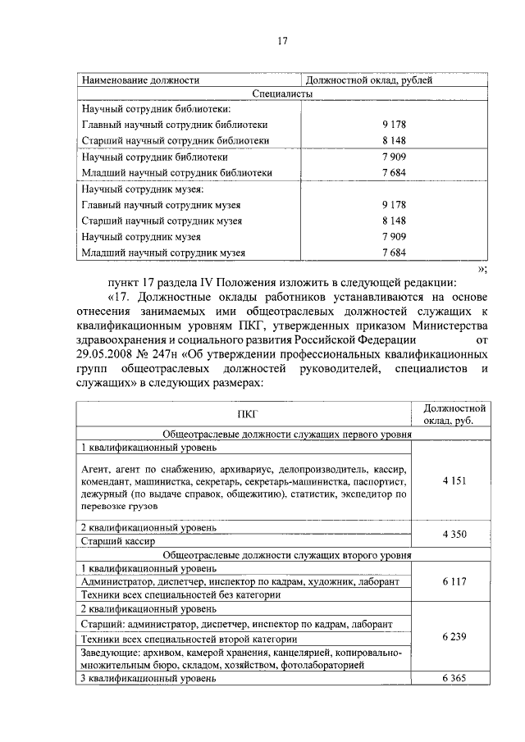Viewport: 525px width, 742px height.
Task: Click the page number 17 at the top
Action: click(x=281, y=41)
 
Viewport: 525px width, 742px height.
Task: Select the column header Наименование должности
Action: click(x=140, y=80)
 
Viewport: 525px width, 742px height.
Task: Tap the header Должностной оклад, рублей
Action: click(x=368, y=80)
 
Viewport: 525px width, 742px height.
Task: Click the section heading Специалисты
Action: click(x=281, y=94)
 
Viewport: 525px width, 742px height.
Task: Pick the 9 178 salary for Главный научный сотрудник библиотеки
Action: click(x=394, y=125)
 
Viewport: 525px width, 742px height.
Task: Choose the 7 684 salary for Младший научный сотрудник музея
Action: click(x=394, y=253)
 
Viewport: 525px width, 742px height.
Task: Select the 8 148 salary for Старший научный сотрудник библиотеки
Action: click(x=394, y=140)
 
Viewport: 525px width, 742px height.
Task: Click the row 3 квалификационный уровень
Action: click(x=148, y=679)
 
